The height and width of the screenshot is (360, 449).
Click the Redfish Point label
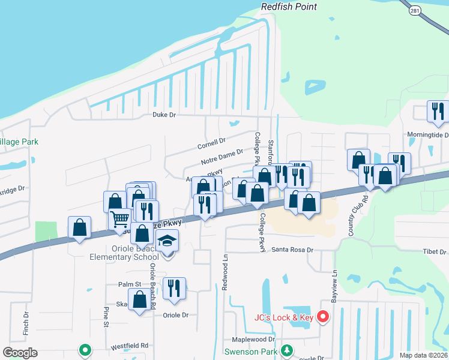[x=289, y=7]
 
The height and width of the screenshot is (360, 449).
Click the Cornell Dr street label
[x=211, y=143]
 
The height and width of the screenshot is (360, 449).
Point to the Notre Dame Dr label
[x=222, y=158]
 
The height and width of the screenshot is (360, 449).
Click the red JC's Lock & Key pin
[x=323, y=316]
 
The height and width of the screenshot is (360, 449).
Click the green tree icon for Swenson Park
[x=287, y=350]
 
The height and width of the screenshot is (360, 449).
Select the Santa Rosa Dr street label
[x=293, y=250]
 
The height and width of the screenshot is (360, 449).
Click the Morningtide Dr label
[x=428, y=135]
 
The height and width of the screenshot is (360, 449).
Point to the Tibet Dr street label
[x=435, y=252]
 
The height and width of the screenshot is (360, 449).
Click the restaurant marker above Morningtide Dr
[x=438, y=111]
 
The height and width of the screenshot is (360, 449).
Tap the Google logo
[x=20, y=352]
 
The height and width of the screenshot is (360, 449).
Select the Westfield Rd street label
[x=129, y=346]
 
